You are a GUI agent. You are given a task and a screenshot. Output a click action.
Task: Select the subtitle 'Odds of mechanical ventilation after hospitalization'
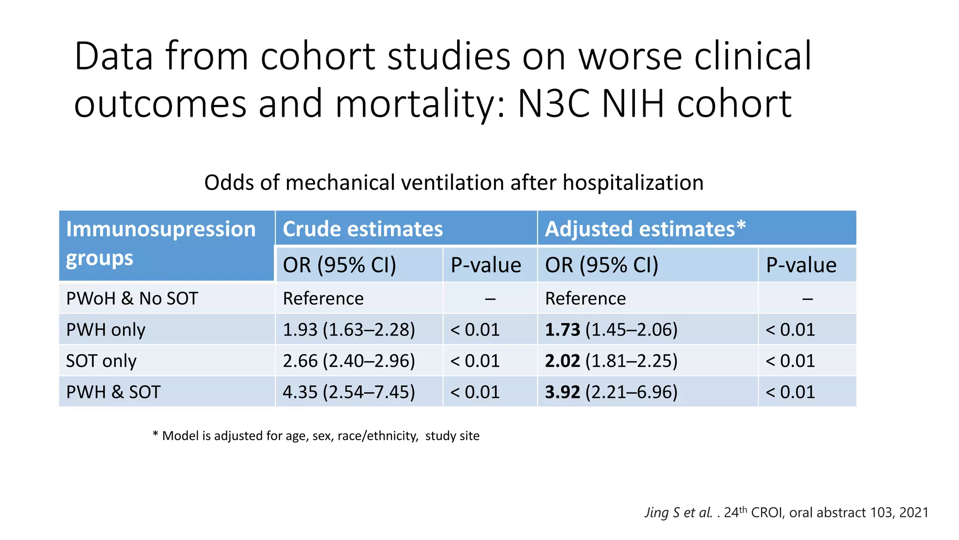453,182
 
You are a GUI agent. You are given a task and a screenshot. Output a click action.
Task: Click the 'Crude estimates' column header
362,229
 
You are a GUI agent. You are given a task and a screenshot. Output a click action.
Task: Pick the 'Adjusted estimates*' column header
645,229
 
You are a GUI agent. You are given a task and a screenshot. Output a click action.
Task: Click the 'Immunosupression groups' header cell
161,244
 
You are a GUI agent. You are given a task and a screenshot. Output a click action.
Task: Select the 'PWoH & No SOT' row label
132,299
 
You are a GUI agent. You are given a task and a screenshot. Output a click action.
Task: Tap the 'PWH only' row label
106,330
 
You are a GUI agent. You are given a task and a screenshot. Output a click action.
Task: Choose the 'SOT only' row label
101,361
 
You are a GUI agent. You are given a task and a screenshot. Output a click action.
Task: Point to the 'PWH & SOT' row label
113,392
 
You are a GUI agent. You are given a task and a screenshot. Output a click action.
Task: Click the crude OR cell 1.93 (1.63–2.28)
349,330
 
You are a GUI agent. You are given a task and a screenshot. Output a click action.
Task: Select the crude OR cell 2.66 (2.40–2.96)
349,361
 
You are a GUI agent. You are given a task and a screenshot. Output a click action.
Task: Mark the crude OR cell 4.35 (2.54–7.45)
349,392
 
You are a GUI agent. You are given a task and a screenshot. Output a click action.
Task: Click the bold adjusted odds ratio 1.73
562,330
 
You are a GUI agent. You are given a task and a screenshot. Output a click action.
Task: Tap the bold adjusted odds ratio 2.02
562,361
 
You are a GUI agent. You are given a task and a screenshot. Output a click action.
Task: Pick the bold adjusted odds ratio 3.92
562,392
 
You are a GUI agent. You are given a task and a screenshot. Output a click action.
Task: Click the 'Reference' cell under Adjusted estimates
585,299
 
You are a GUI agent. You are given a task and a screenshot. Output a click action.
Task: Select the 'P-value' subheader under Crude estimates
486,265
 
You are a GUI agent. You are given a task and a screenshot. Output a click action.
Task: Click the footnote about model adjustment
316,436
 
